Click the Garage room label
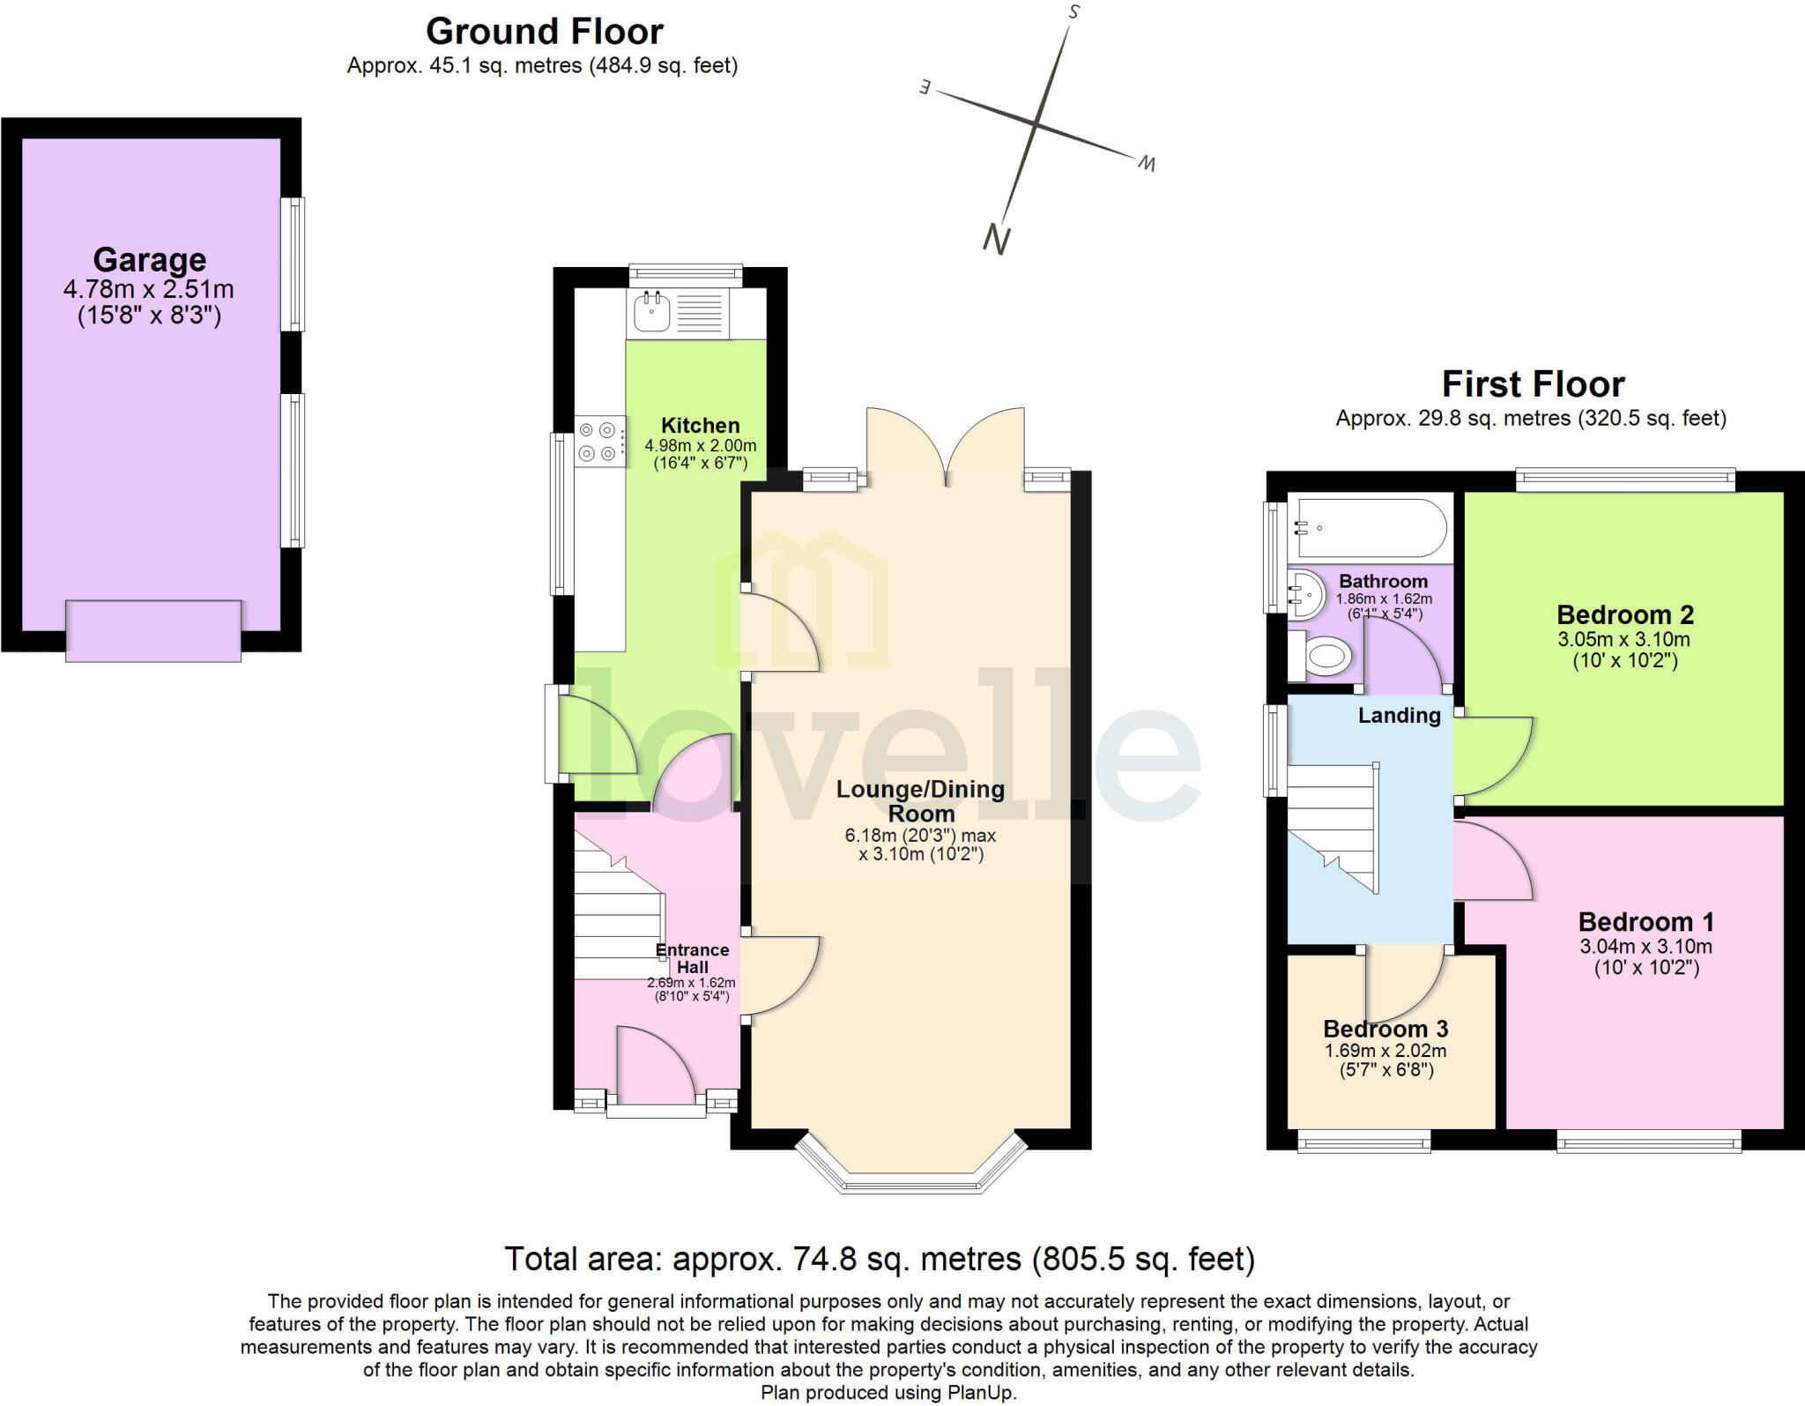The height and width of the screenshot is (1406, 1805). (x=150, y=260)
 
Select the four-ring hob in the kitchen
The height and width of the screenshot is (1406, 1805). (x=598, y=442)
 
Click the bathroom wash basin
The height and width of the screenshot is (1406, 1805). (x=1305, y=595)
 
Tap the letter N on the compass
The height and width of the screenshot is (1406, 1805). (x=996, y=239)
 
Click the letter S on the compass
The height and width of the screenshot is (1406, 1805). (x=1073, y=12)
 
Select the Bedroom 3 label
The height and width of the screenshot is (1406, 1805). (x=1385, y=1029)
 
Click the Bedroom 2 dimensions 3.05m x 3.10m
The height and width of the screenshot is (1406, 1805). (x=1623, y=639)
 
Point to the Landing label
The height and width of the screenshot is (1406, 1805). (x=1399, y=715)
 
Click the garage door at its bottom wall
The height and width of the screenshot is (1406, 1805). (x=153, y=631)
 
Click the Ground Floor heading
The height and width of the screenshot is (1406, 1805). (x=544, y=32)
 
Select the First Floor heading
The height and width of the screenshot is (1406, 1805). (x=1533, y=384)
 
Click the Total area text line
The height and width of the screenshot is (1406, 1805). (x=879, y=1259)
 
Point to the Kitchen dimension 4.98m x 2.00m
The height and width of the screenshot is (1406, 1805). (x=700, y=446)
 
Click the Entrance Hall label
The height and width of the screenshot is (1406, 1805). (x=692, y=958)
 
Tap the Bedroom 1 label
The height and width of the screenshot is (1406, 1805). (x=1645, y=922)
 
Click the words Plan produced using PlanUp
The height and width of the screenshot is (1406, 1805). (x=888, y=1393)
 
